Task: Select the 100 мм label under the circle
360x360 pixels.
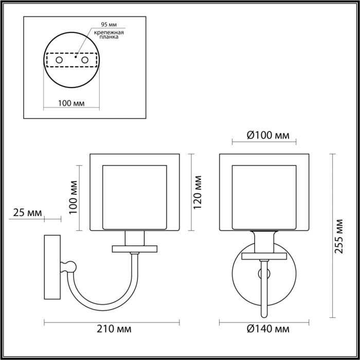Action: coord(71,102)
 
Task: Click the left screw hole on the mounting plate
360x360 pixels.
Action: coord(59,61)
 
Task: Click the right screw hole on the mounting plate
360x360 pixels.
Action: coord(84,61)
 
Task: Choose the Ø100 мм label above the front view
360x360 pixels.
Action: coord(264,135)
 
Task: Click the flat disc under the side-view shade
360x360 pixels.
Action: coord(135,249)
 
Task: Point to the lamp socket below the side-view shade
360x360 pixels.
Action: coord(135,238)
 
